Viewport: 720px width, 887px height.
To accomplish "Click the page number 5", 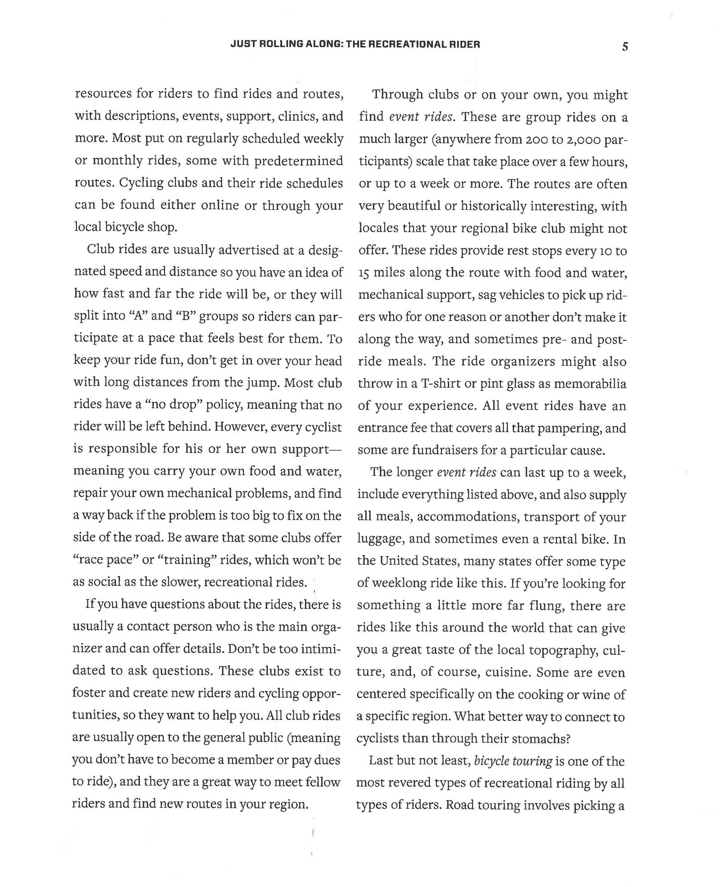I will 624,47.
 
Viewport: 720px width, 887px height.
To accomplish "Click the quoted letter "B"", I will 185,316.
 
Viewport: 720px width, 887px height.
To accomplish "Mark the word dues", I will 328,760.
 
